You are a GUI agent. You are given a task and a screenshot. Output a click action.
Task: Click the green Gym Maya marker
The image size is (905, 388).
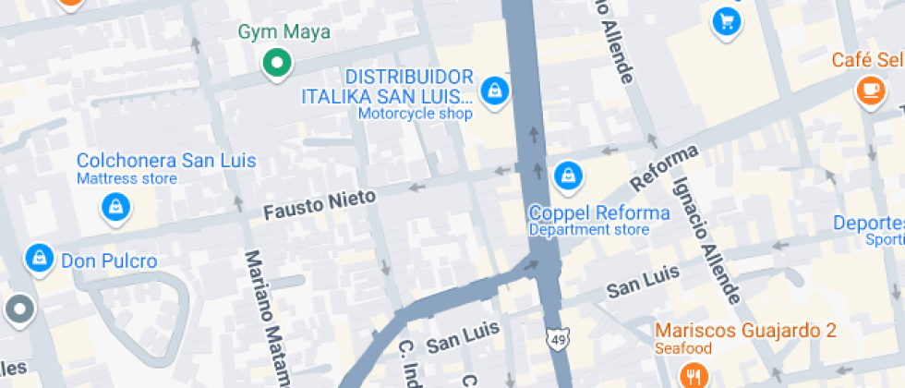275,64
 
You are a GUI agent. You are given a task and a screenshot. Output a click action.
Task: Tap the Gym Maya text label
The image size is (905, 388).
284,32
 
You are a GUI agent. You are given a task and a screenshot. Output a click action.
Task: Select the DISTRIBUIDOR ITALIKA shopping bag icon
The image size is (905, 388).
496,90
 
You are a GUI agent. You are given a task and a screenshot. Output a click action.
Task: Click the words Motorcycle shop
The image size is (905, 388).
415,114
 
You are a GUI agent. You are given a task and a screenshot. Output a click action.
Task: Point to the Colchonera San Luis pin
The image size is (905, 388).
115,207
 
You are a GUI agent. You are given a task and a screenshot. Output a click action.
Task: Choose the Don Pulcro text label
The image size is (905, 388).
109,261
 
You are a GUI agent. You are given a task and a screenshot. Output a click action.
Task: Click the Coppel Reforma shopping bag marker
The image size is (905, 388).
567,173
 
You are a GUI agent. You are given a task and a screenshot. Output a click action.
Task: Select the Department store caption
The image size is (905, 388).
588,229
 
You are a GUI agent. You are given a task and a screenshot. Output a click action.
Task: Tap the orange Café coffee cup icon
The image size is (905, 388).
869,89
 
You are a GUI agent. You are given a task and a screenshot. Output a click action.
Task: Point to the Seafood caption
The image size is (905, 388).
683,348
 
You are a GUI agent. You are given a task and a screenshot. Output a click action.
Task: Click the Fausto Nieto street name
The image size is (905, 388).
320,203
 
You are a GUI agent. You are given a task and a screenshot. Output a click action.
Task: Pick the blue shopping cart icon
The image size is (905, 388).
727,19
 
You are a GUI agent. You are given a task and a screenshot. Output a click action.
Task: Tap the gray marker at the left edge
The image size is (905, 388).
18,310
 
